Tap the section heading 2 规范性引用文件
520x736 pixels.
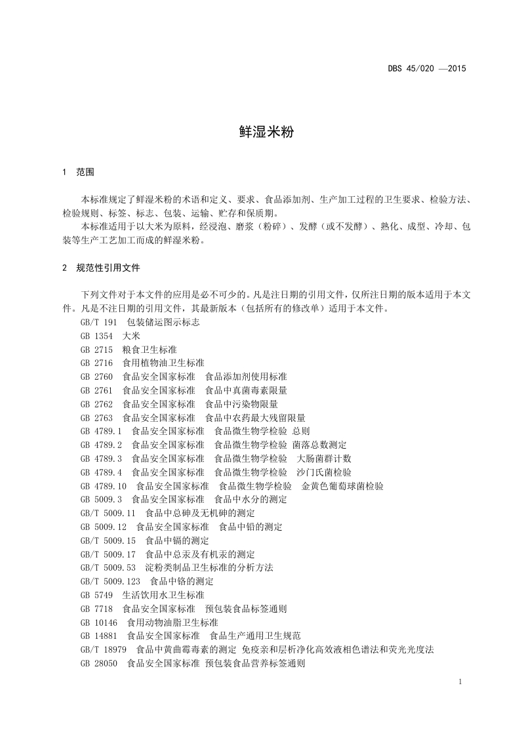[101, 268]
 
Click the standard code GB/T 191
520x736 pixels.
[98, 322]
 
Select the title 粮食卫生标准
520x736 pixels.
[149, 350]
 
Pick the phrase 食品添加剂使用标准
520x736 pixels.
[246, 377]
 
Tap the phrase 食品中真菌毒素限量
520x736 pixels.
[246, 390]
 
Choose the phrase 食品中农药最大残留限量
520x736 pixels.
[255, 418]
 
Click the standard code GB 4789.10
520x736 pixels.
[104, 486]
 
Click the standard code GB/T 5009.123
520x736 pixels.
[111, 581]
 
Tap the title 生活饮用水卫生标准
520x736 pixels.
[163, 595]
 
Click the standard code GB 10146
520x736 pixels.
[100, 623]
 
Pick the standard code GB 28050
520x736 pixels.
[100, 663]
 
